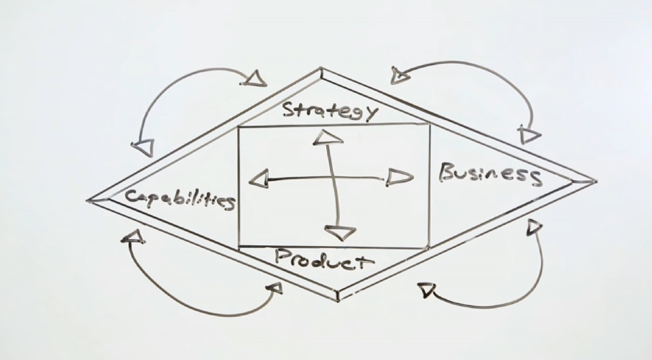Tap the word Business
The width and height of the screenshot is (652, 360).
(490, 174)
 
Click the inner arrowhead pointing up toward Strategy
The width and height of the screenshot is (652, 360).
(328, 138)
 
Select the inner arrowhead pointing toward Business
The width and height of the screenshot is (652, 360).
(399, 177)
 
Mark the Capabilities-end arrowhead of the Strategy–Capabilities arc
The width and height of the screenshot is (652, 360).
(144, 147)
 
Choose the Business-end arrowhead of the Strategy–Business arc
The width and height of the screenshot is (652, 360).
(529, 135)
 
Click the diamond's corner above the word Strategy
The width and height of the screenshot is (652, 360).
(321, 68)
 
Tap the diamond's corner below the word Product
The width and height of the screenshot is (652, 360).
(338, 301)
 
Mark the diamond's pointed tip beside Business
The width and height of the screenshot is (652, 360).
(597, 181)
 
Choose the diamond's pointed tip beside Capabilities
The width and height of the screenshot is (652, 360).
(87, 201)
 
